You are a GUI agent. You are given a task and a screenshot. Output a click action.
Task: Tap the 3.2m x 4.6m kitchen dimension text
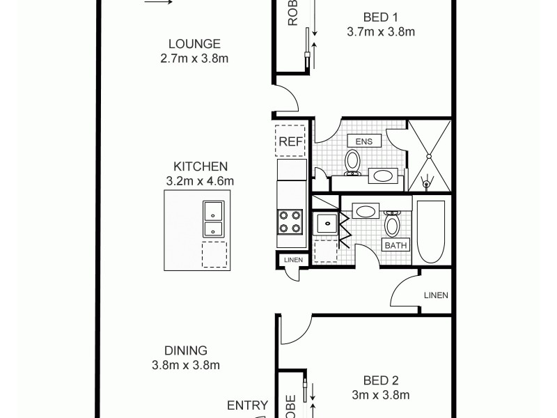tap(201, 181)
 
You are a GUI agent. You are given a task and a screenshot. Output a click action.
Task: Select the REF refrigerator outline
tap(290, 142)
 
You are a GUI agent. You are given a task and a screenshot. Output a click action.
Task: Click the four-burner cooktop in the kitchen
tap(290, 222)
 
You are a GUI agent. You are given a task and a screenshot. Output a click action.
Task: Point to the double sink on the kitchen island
tap(212, 219)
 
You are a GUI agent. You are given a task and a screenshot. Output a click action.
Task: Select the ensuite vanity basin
tap(382, 176)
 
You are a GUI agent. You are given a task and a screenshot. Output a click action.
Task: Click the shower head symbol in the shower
tap(428, 183)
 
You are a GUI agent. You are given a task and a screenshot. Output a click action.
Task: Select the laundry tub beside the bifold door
tap(325, 224)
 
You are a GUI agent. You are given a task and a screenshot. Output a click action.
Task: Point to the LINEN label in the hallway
tap(435, 295)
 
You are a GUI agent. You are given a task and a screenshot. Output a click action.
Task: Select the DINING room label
tap(186, 350)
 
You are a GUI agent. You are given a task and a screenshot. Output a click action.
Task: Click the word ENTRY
tap(247, 405)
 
